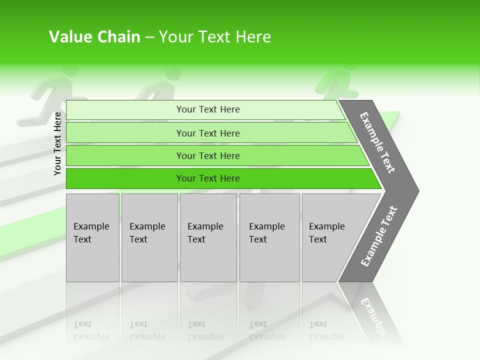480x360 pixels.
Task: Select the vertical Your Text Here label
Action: (x=57, y=143)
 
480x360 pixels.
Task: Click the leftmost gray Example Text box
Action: (x=92, y=237)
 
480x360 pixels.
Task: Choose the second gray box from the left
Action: (x=149, y=237)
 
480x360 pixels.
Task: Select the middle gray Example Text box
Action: (x=208, y=237)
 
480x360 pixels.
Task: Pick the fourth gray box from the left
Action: (x=269, y=237)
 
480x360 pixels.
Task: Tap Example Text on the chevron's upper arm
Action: (x=378, y=142)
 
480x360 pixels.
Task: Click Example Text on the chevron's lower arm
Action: (x=379, y=236)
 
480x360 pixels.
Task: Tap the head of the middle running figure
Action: (x=172, y=73)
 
